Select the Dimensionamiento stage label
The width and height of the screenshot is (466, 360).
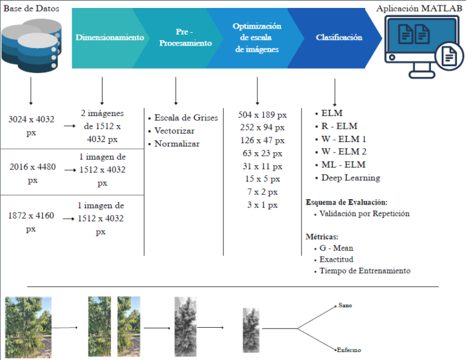(110, 38)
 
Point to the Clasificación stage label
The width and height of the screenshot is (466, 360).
(339, 38)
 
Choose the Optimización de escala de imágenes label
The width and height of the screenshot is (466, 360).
(257, 38)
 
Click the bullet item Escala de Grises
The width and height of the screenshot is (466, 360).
(181, 117)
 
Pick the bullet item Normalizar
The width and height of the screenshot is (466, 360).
(177, 144)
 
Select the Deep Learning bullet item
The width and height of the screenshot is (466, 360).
(351, 178)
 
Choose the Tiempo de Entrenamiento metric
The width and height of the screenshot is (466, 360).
(365, 271)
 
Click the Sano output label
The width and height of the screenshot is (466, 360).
(345, 305)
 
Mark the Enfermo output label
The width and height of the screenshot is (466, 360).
(349, 350)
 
